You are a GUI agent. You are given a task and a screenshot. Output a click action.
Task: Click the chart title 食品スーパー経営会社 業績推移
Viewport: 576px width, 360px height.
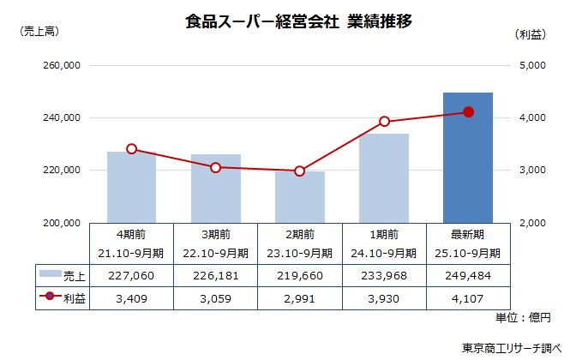(x=298, y=22)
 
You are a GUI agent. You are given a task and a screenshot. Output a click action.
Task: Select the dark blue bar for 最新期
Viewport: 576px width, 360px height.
(x=467, y=158)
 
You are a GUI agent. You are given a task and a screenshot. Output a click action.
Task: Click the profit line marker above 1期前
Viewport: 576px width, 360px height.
(x=384, y=121)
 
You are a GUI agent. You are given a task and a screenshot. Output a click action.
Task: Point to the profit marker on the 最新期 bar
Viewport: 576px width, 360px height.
(x=468, y=111)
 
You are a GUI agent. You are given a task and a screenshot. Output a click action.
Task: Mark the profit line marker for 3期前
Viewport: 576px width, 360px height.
(x=215, y=167)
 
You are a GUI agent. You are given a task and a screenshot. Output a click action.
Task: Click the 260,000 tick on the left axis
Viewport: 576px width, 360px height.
(x=60, y=65)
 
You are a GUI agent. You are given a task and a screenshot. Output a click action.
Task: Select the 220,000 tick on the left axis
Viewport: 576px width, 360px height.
(x=60, y=171)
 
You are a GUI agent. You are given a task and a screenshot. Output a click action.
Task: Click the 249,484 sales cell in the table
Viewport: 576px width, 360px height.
(x=467, y=274)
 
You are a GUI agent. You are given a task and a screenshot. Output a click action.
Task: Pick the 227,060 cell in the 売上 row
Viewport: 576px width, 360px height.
(x=131, y=274)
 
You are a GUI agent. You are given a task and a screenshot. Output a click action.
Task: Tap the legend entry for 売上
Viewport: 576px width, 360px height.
(x=63, y=274)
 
